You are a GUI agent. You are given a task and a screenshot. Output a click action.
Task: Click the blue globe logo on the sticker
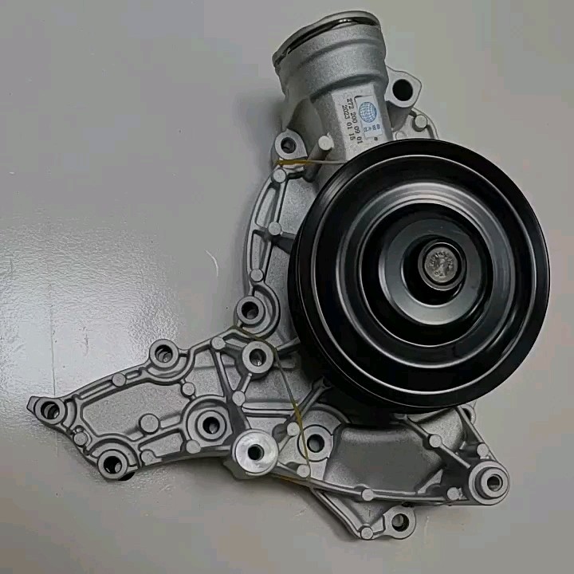[x=368, y=111]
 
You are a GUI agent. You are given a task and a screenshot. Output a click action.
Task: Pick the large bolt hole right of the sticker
[x=403, y=89]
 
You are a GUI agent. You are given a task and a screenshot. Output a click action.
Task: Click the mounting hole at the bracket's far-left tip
[x=49, y=410]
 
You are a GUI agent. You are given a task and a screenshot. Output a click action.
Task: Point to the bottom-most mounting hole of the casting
[x=398, y=522]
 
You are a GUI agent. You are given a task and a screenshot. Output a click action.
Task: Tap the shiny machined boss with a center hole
[x=254, y=453]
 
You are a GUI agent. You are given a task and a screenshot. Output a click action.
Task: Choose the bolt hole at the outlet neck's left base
[x=288, y=145]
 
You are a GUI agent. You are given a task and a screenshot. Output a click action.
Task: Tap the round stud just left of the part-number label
[x=325, y=143]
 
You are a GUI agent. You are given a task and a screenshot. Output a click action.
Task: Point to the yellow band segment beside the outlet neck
[x=299, y=163]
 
